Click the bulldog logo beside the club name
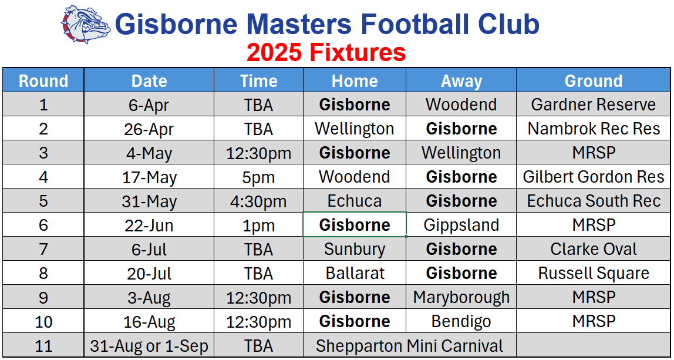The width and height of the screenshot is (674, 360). point(86,25)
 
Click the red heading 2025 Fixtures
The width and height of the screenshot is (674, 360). point(326,53)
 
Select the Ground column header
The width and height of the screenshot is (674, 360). point(593,80)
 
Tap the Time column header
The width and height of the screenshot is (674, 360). point(259,80)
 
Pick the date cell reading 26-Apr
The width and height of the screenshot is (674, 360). point(149,129)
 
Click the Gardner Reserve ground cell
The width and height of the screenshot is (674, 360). point(593,105)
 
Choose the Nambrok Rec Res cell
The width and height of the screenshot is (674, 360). point(593,129)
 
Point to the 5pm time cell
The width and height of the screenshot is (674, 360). point(259,177)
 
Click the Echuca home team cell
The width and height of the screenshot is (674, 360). point(355,201)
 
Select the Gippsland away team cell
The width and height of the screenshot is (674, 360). point(461,225)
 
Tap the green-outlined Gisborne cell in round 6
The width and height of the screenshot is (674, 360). point(355,224)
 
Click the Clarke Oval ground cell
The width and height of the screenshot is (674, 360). point(593,249)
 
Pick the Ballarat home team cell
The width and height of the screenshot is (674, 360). point(355,273)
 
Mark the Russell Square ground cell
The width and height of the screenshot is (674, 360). point(593,273)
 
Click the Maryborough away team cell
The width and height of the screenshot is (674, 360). point(461,297)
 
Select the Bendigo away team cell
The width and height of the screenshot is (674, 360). point(461,321)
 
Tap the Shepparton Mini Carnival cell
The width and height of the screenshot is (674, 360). point(410,345)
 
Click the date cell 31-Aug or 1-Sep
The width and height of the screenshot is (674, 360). point(149,345)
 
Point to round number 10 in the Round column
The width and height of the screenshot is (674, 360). point(43,321)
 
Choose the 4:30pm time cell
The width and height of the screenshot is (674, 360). point(259,201)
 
